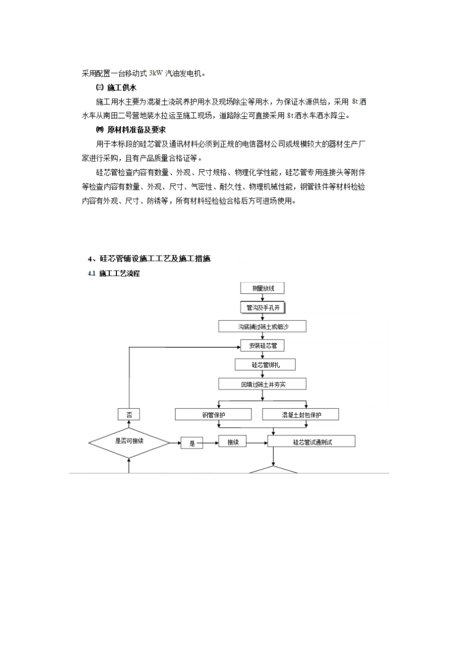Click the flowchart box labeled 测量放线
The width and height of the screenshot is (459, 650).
coord(263,288)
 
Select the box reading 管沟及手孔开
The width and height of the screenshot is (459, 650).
coord(263,307)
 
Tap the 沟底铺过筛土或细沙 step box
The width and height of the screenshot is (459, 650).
coord(263,327)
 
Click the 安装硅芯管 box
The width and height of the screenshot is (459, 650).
coord(263,346)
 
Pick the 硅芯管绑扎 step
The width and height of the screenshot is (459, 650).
coord(265,365)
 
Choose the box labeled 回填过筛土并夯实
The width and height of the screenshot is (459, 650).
coord(263,384)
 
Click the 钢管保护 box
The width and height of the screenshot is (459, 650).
coord(213,415)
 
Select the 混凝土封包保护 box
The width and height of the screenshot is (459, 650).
coord(301,415)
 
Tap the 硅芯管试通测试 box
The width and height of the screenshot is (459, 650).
coord(312,442)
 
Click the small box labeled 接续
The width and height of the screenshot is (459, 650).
coord(233,442)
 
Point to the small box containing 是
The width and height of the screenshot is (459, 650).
coord(192,443)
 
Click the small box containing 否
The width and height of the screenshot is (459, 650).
coord(129,415)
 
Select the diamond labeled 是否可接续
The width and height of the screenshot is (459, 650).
coord(129,442)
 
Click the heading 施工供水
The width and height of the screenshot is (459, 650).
coord(122,87)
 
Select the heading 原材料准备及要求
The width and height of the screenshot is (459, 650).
coord(136,130)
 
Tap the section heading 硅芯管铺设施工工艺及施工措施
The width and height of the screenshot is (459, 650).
coord(155,259)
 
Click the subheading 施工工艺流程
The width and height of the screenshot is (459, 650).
coord(119,274)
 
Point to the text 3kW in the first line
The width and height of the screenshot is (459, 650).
coord(156,73)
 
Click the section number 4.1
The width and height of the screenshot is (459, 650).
coord(91,274)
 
